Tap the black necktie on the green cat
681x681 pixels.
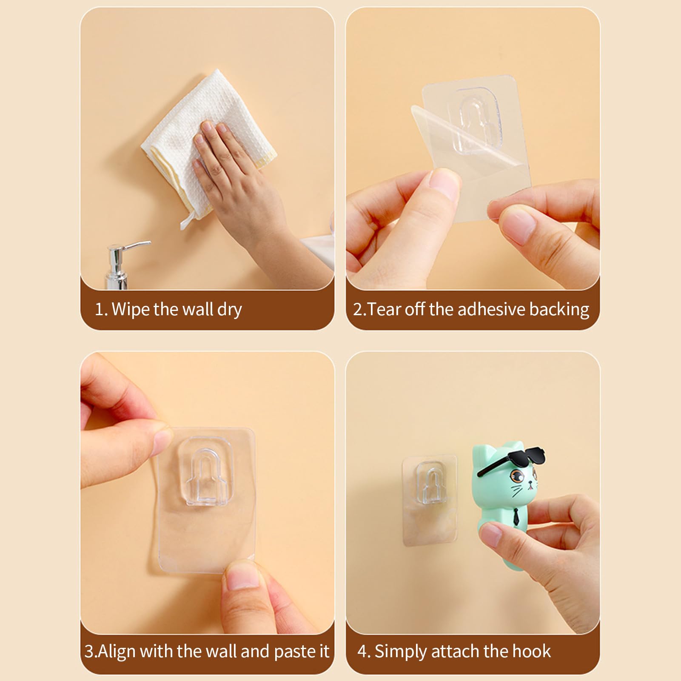tap(516, 515)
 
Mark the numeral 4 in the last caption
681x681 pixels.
tap(362, 652)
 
